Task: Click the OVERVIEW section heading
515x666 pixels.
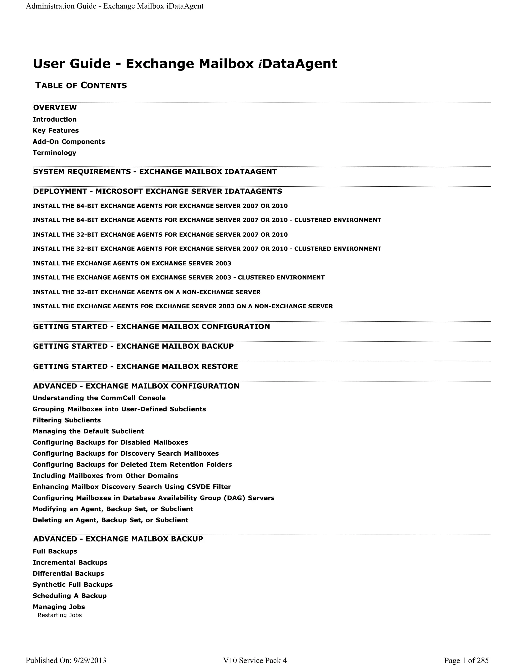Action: point(55,108)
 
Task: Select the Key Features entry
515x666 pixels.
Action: point(56,130)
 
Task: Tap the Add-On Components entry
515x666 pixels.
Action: point(69,141)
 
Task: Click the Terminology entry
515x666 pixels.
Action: point(54,153)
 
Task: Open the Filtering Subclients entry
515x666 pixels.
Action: point(66,420)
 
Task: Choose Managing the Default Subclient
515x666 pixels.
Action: point(88,431)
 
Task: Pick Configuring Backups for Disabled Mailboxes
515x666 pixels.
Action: point(110,443)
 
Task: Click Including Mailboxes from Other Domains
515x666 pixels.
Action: point(105,476)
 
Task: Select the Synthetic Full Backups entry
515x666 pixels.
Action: point(73,585)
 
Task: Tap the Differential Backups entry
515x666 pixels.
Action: point(68,574)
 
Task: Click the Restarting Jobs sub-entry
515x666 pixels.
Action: point(60,615)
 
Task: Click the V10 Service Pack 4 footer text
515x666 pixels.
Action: point(255,660)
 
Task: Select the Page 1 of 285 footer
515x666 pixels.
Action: point(466,660)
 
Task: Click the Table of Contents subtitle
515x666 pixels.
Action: point(81,86)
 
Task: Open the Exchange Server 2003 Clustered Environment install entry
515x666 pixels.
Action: point(179,277)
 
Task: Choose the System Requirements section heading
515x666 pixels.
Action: point(155,172)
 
